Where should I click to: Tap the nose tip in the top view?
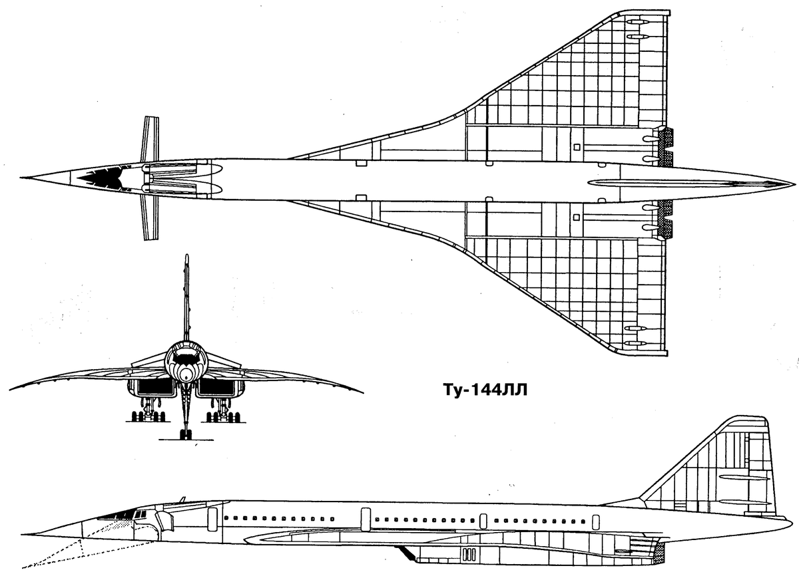click(x=21, y=177)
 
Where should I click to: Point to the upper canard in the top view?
click(x=150, y=139)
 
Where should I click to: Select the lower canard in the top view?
click(x=149, y=217)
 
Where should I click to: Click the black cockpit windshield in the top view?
click(x=101, y=178)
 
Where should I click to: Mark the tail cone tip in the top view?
click(x=795, y=184)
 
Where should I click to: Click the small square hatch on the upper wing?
click(x=577, y=146)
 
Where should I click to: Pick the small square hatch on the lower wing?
click(x=577, y=217)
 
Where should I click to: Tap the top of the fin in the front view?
click(x=186, y=255)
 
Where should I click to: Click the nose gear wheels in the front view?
click(x=186, y=434)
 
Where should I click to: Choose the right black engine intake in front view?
click(x=217, y=387)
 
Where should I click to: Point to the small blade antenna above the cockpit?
click(x=183, y=500)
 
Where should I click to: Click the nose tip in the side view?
click(x=22, y=534)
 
